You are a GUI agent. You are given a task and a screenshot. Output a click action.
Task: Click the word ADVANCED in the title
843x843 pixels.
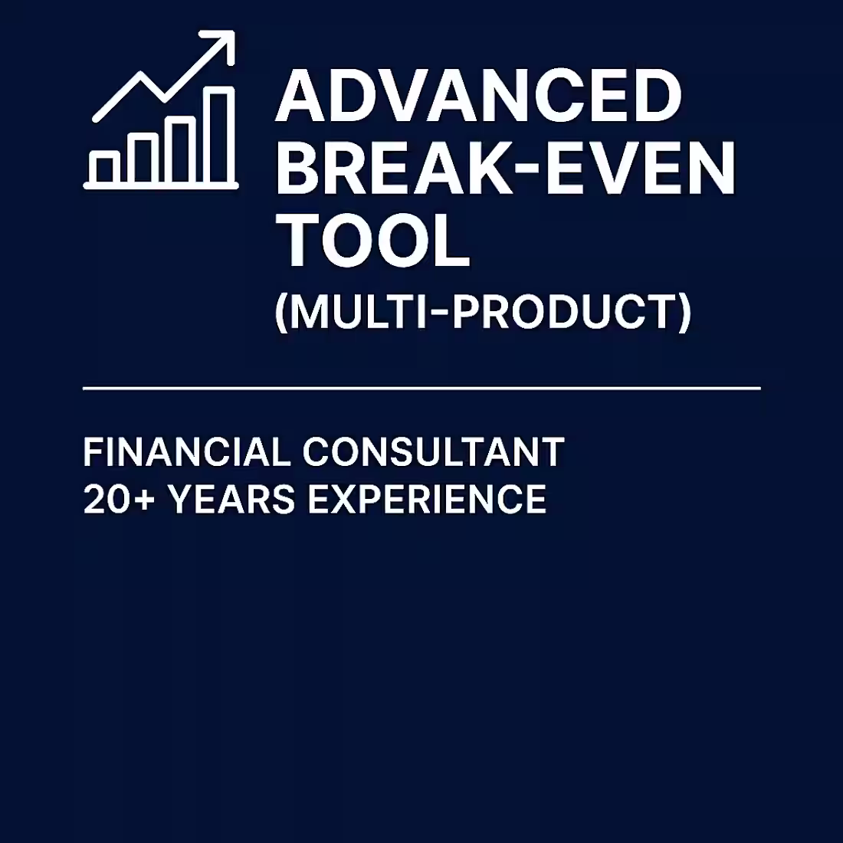point(478,97)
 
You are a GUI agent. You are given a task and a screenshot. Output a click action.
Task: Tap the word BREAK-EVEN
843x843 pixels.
point(505,169)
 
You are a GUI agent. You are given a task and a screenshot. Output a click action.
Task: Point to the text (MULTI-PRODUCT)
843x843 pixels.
point(483,312)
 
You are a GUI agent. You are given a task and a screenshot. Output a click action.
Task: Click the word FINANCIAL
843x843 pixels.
point(186,452)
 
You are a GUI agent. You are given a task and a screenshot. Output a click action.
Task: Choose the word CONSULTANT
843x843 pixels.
point(433,452)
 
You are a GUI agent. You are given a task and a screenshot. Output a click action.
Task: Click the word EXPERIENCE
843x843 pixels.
point(426,500)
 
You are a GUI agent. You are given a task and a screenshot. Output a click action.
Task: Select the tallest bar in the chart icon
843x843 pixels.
point(219,135)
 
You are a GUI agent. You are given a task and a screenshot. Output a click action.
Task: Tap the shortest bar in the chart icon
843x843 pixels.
point(103,167)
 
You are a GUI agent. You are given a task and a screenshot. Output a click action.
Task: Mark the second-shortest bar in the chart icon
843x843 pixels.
point(142,159)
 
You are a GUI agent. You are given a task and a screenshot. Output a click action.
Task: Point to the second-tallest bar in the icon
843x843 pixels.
point(181,150)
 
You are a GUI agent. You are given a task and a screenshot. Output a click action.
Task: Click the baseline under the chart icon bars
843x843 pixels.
point(161,185)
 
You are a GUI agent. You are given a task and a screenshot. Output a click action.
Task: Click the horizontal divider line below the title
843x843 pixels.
point(421,389)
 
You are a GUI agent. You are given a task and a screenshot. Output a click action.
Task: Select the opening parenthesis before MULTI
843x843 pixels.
point(281,313)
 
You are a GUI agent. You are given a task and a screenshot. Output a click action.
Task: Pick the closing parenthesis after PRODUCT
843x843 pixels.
point(684,313)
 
